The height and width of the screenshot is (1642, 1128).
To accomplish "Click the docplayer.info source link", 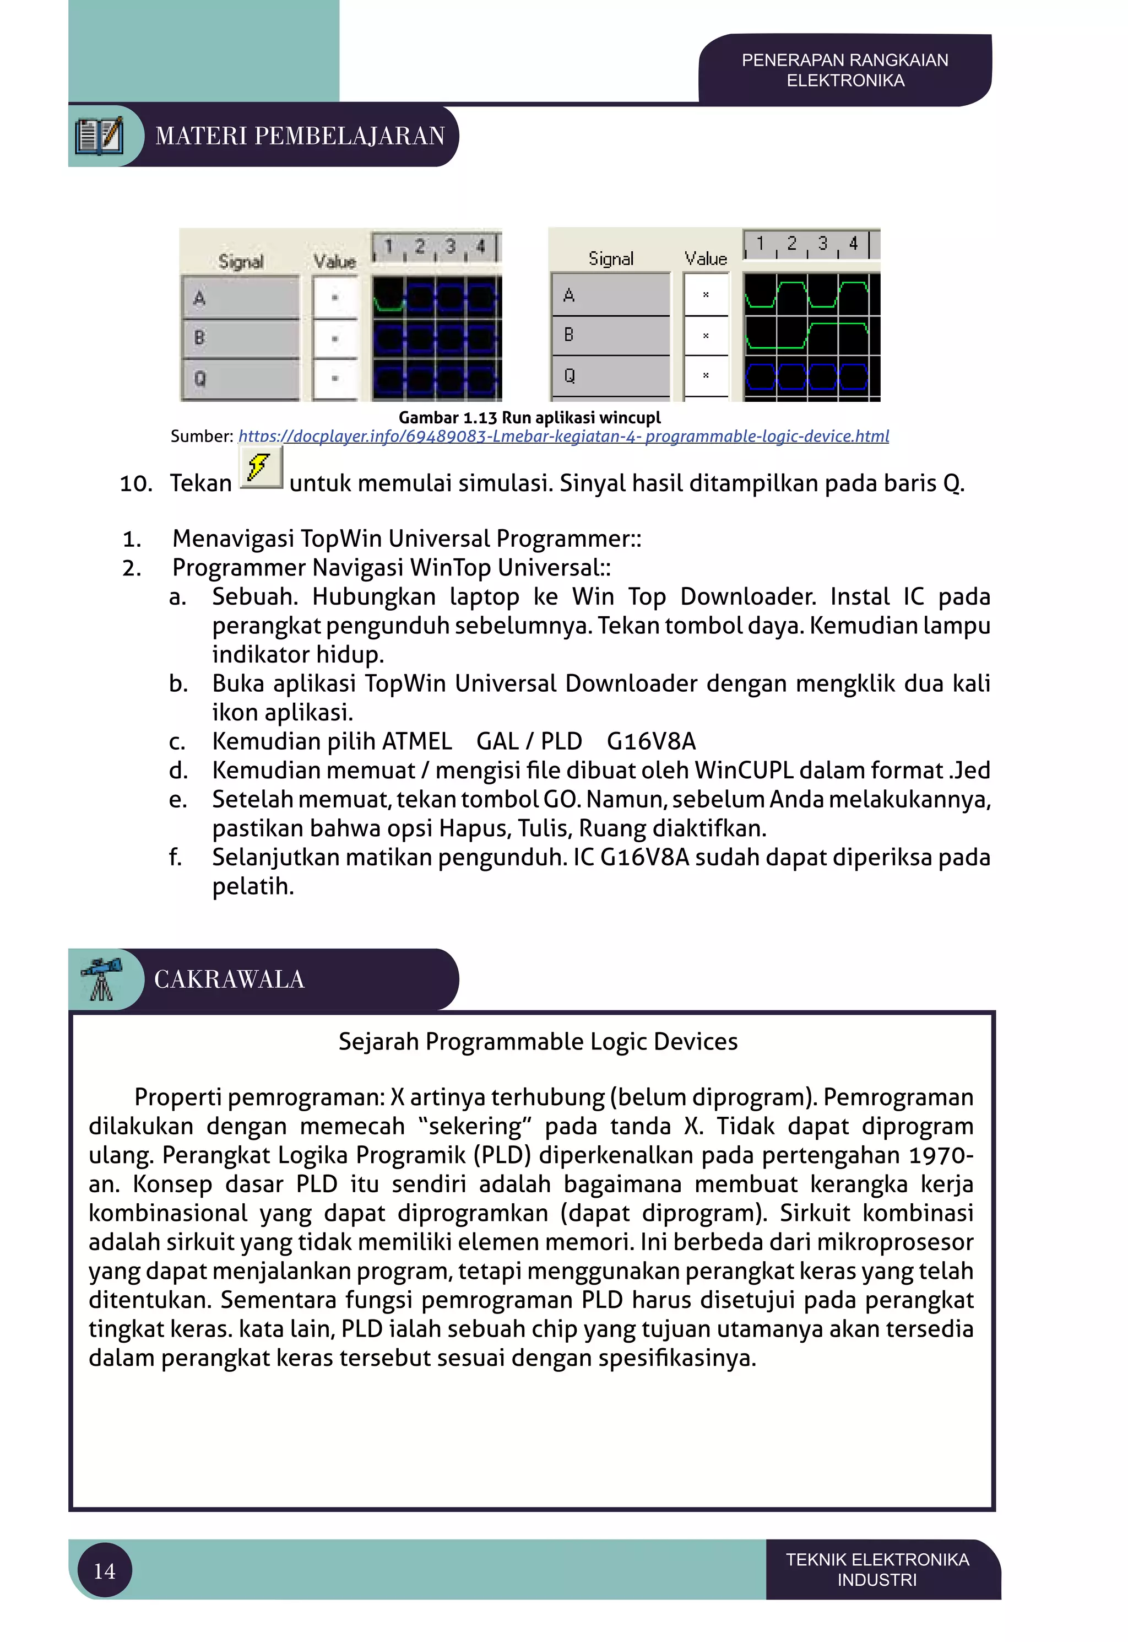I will tap(563, 437).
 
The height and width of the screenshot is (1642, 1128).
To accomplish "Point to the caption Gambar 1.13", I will tap(529, 417).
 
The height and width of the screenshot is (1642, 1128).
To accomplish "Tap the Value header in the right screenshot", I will tap(706, 259).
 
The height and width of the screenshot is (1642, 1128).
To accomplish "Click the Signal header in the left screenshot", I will tap(240, 262).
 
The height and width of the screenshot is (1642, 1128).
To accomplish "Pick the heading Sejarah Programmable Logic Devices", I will tap(538, 1042).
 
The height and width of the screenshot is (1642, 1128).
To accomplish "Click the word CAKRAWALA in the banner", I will tap(229, 979).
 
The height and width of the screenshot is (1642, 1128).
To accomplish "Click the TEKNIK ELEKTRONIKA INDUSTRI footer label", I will tap(877, 1569).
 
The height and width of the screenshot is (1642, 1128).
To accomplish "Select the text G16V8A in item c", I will tap(651, 741).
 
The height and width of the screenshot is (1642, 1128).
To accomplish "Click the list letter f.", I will tap(175, 857).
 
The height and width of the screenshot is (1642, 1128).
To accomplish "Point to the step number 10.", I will tap(135, 484).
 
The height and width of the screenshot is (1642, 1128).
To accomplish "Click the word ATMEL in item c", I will tap(416, 741).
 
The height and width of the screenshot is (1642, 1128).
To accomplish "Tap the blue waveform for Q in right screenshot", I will tap(806, 376).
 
